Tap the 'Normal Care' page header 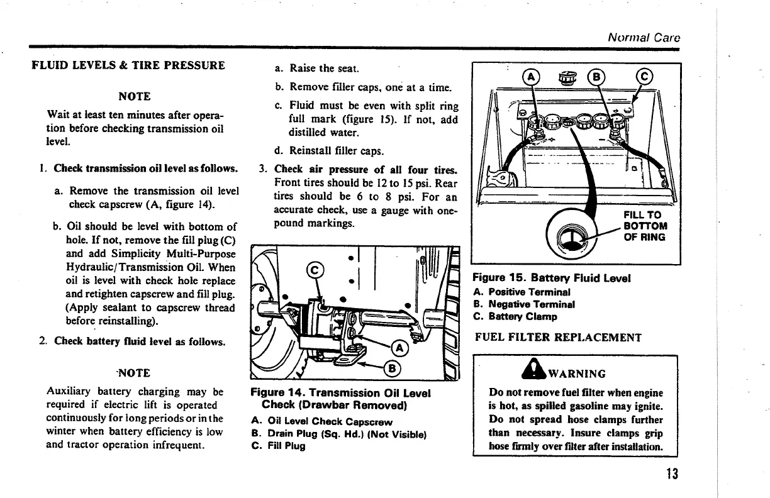pyautogui.click(x=644, y=37)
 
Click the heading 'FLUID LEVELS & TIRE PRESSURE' pyautogui.click(x=128, y=65)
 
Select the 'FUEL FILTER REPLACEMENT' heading pyautogui.click(x=558, y=337)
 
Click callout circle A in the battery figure pyautogui.click(x=532, y=77)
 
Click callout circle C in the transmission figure pyautogui.click(x=314, y=271)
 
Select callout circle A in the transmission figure pyautogui.click(x=399, y=348)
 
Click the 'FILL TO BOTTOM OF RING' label pyautogui.click(x=644, y=226)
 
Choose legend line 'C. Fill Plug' pyautogui.click(x=277, y=446)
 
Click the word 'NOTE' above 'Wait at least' pyautogui.click(x=135, y=96)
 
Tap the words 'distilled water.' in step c pyautogui.click(x=323, y=133)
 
